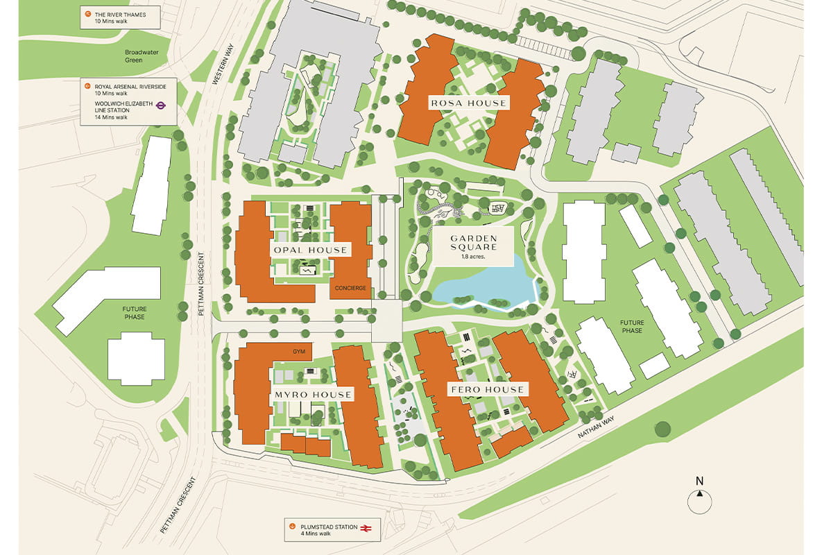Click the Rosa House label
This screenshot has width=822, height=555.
[468, 103]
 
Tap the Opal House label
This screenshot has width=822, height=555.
[310, 250]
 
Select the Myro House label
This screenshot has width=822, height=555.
[313, 395]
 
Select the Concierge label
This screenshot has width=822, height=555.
[350, 288]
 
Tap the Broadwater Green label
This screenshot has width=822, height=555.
[143, 56]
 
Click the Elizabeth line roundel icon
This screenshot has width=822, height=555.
[160, 106]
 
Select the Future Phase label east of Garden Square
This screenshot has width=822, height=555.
[631, 327]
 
